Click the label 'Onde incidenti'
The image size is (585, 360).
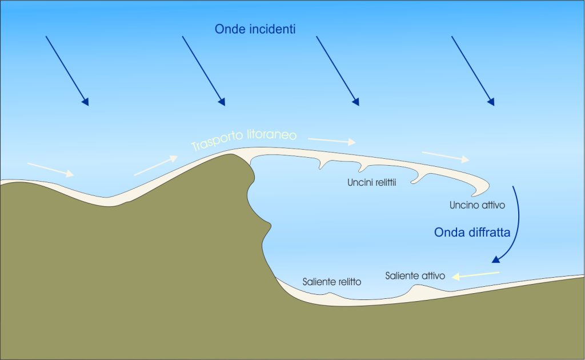pos(255,29)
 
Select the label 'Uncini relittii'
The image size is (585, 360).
pos(372,183)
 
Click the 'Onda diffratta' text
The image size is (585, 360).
pos(472,233)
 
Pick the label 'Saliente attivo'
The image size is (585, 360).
pos(415,275)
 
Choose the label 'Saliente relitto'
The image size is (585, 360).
pos(331,282)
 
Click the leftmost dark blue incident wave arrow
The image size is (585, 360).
pos(67,71)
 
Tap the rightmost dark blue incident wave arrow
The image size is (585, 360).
pos(472,71)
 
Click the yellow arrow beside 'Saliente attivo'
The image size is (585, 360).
pos(475,275)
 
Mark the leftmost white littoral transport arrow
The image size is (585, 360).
pos(50,170)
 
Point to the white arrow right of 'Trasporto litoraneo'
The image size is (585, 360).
pos(331,140)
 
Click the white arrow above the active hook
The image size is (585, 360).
pos(446,156)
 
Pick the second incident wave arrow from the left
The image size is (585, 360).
pos(203,71)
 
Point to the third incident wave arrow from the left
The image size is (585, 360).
pos(338,71)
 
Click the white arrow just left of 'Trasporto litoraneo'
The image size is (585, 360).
pos(156,165)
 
